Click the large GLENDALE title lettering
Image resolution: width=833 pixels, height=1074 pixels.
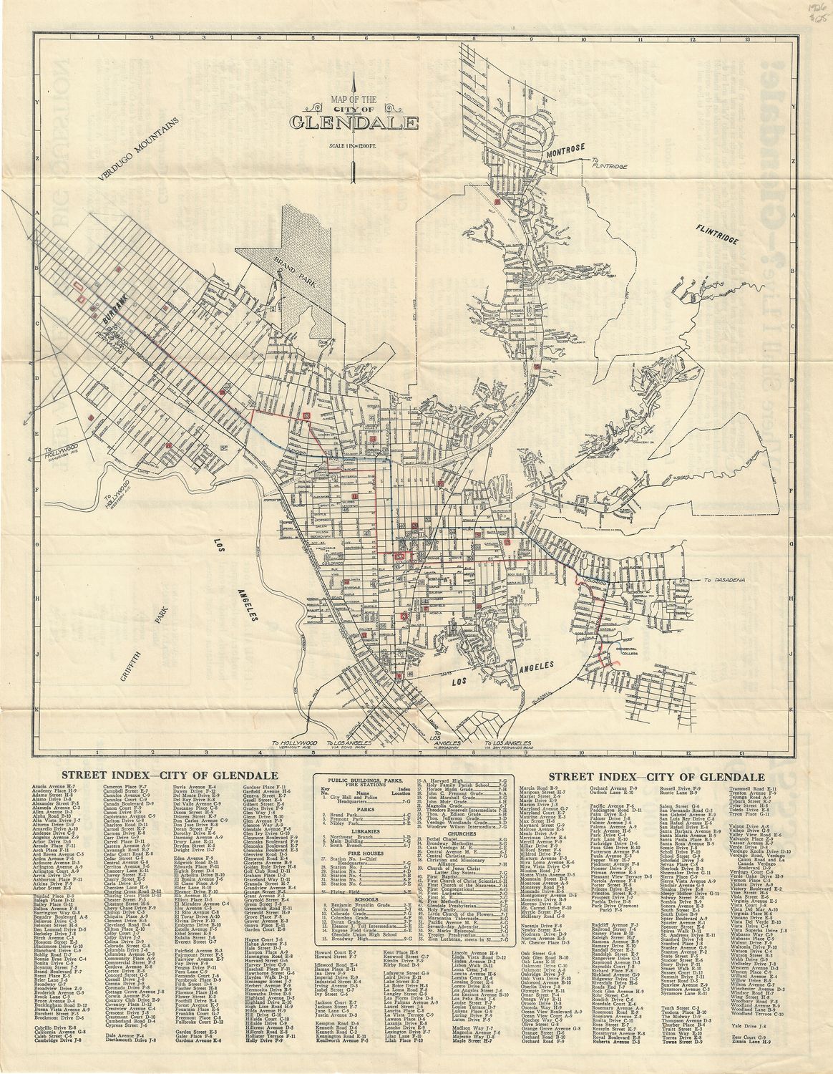[354, 123]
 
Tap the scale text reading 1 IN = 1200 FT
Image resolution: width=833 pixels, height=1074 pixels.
[354, 146]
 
